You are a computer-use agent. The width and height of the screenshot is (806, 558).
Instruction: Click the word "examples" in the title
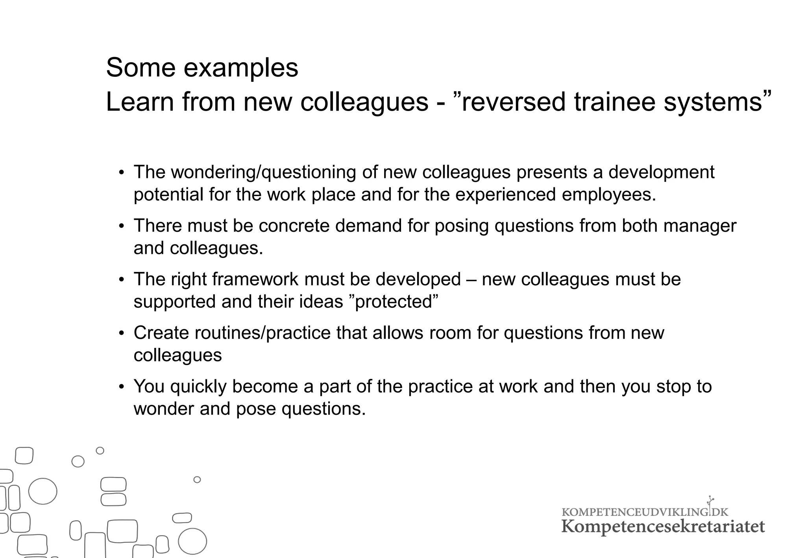point(241,68)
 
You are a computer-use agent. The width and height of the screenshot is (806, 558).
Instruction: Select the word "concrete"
point(294,226)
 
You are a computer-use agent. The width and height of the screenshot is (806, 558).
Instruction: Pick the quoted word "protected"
point(394,302)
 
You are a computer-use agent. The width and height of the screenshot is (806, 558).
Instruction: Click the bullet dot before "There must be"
point(122,226)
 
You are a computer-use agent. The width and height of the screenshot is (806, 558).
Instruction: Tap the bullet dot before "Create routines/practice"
point(122,333)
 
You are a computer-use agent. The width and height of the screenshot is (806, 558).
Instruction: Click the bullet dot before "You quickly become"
point(122,387)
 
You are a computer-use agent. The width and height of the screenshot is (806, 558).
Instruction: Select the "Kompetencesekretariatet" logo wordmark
point(663,527)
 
